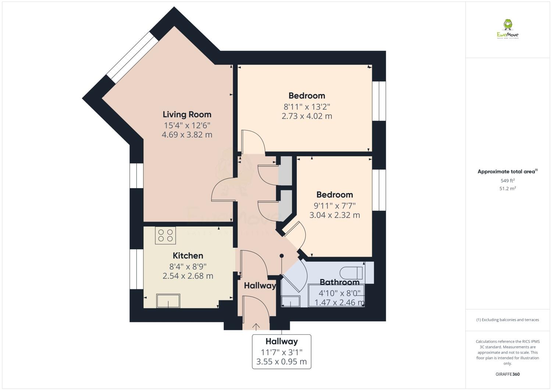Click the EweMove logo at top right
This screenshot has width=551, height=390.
[508, 29]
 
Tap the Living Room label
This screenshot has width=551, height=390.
[187, 114]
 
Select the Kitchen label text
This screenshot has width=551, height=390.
[188, 255]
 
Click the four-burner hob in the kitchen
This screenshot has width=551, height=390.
[166, 235]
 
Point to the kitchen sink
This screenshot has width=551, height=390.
[168, 301]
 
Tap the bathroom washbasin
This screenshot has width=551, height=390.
[291, 301]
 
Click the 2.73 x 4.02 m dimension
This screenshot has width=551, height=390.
[306, 116]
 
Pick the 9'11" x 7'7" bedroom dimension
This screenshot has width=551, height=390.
[334, 205]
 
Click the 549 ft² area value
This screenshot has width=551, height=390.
[508, 180]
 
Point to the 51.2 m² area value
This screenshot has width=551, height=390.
[508, 189]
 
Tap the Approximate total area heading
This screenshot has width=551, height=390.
[507, 172]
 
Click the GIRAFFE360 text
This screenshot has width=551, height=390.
[508, 374]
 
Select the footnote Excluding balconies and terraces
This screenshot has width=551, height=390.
[508, 320]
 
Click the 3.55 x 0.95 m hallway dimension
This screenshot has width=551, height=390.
[281, 362]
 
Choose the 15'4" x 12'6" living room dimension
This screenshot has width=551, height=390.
[187, 125]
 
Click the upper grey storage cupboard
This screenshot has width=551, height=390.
[285, 171]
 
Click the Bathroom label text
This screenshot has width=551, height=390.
[340, 282]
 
